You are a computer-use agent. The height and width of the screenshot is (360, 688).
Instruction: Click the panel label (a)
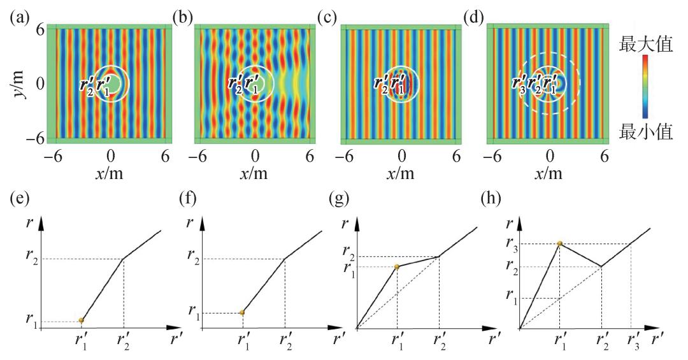18,14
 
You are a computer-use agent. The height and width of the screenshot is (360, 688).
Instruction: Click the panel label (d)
493,14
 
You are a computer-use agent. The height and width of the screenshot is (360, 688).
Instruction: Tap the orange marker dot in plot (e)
82,320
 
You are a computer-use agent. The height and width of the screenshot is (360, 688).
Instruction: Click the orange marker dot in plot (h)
559,243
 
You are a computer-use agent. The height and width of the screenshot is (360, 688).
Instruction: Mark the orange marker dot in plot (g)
397,266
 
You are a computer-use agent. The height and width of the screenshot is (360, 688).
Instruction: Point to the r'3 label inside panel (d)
520,83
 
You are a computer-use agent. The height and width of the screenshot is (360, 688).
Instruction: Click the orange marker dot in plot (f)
242,312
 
